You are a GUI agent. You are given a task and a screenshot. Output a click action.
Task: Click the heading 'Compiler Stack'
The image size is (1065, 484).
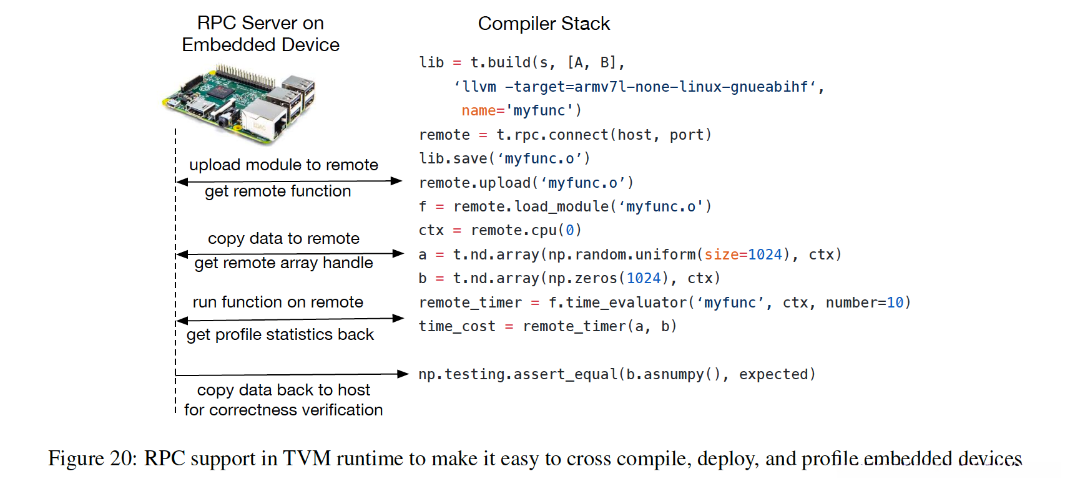point(544,24)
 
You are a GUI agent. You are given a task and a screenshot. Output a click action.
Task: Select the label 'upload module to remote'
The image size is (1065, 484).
point(283,165)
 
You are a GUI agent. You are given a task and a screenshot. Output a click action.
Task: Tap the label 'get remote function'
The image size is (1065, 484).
point(278,191)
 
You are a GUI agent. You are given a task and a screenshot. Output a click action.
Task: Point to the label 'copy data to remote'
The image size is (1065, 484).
point(283,238)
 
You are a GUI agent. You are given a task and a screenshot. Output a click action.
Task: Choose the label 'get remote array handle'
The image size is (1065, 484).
point(283,263)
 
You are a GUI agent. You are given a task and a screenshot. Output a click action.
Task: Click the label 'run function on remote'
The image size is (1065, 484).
point(278,302)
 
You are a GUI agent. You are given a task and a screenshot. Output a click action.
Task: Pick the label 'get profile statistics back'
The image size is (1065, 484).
point(280,335)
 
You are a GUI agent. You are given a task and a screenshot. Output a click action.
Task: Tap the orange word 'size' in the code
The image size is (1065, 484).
point(721,254)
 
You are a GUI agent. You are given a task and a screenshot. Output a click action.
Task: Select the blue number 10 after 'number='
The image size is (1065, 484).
point(895,302)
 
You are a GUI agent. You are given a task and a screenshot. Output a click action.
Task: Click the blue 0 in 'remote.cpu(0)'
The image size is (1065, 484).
point(569,231)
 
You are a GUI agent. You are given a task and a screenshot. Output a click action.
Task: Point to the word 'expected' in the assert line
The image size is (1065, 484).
point(773,374)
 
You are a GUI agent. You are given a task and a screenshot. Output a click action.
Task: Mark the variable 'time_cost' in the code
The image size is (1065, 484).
point(456,326)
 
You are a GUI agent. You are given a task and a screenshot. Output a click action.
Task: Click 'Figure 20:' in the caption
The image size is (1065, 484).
point(92,458)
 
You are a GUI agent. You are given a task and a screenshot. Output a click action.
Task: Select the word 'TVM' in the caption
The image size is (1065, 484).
point(307,458)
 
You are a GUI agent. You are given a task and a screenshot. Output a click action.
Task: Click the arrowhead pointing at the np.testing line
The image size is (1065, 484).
point(403,374)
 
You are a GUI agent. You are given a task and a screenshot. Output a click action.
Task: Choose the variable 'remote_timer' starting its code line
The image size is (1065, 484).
point(470,302)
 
